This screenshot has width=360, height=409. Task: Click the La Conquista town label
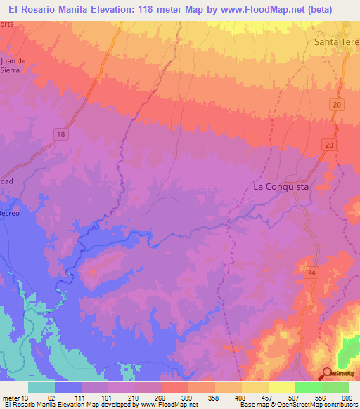tap(281, 187)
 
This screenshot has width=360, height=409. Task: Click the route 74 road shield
tap(311, 271)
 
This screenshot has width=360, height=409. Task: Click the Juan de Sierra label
tap(13, 65)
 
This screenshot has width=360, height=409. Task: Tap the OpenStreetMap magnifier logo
tap(328, 373)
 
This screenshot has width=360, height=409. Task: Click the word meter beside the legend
tap(12, 397)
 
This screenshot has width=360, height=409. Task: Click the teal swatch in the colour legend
tap(41, 387)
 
